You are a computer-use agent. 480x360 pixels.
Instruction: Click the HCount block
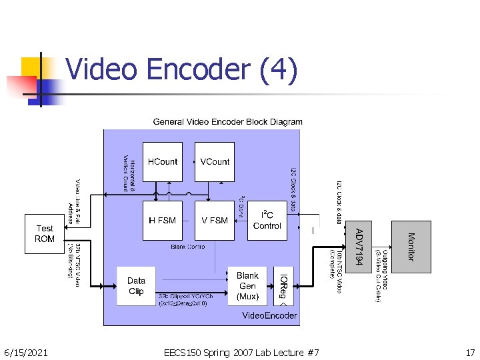click(x=163, y=161)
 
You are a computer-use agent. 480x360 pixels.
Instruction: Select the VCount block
click(x=215, y=161)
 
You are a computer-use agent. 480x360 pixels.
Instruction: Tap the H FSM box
click(x=163, y=221)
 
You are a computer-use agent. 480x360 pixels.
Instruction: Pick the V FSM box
click(x=215, y=221)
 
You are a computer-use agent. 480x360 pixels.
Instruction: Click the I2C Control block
click(x=267, y=220)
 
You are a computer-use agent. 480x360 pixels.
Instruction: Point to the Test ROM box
click(x=45, y=233)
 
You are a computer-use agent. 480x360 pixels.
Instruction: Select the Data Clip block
click(x=136, y=286)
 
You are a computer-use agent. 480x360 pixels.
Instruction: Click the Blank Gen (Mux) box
click(x=247, y=286)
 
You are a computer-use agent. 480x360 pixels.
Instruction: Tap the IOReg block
click(x=283, y=286)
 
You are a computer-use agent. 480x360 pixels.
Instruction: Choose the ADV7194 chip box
click(x=358, y=247)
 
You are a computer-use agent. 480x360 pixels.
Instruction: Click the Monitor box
click(x=411, y=247)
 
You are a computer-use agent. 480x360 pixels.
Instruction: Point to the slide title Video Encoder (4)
click(x=181, y=70)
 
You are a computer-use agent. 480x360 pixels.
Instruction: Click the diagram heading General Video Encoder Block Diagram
click(x=227, y=122)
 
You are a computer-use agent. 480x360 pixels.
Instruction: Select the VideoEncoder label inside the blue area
click(x=269, y=315)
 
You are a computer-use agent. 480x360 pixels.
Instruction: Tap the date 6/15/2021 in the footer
click(x=26, y=352)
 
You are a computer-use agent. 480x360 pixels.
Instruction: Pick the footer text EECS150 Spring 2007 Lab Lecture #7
click(x=241, y=352)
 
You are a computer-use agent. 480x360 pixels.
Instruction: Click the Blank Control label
click(x=188, y=247)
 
